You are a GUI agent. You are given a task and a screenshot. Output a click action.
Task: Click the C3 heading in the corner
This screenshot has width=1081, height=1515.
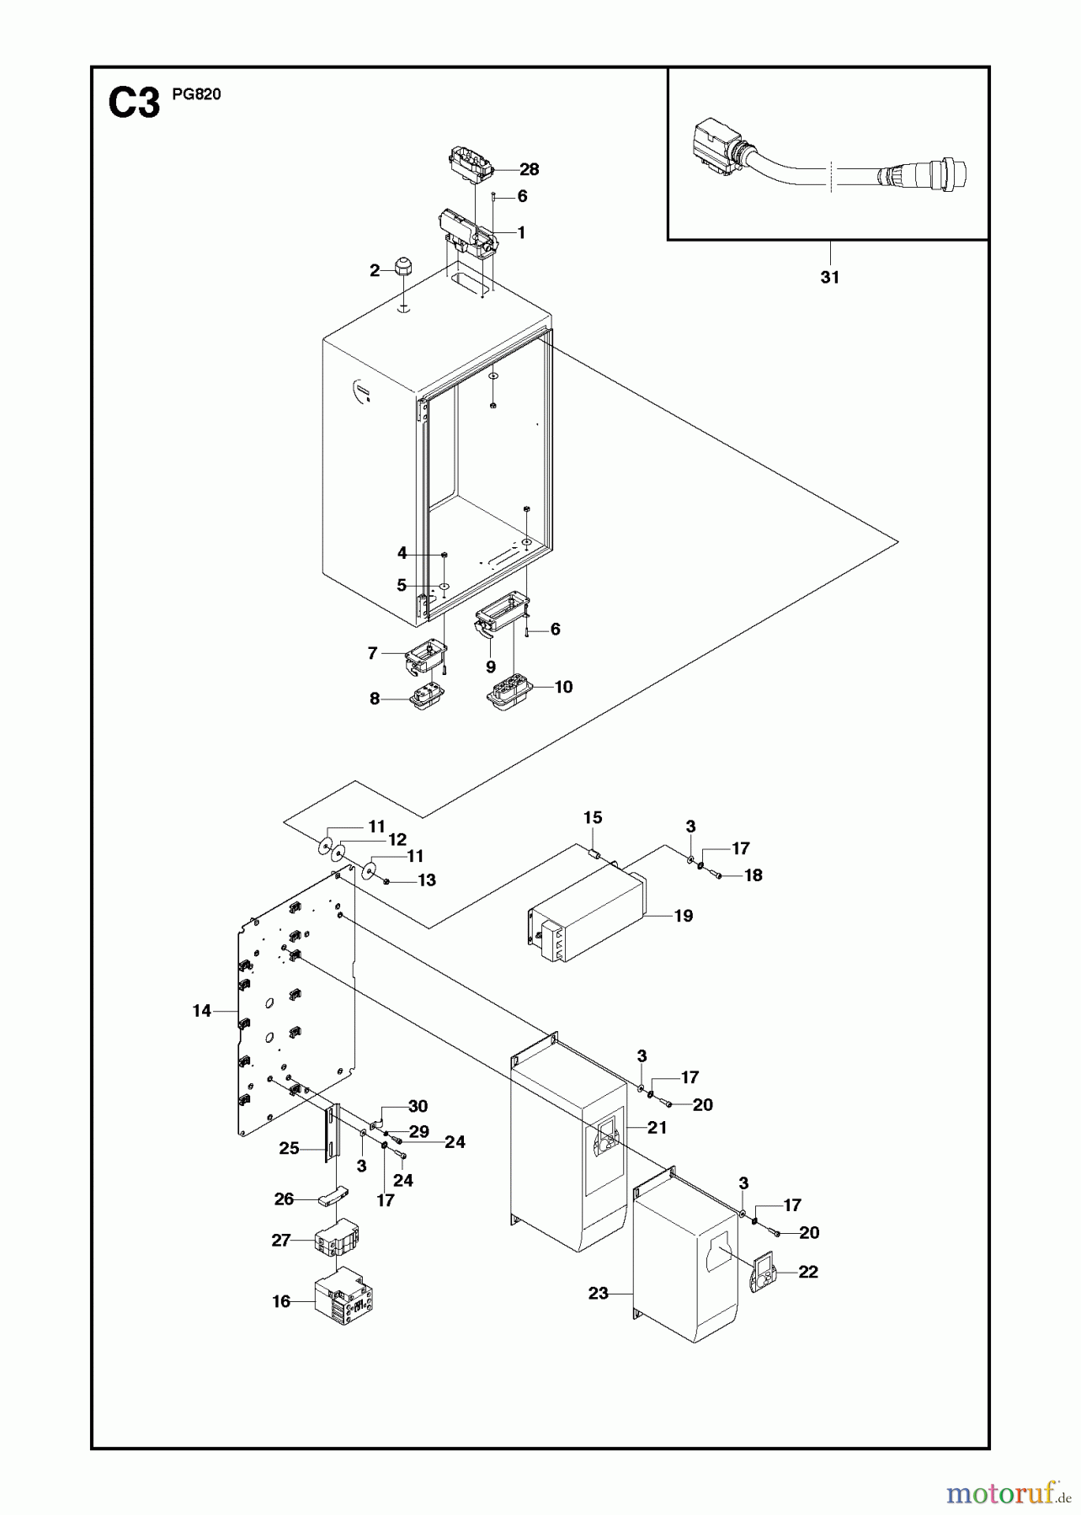coord(134,105)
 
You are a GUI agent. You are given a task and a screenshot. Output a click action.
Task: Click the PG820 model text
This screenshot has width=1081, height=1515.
coord(196,94)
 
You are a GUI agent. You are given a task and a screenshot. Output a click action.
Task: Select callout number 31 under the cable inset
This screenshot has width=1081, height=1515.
coord(830,277)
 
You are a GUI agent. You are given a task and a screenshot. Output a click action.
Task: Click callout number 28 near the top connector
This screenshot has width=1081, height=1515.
coord(529,169)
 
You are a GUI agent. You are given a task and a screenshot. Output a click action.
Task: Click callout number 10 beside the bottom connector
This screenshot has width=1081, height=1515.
coord(563,687)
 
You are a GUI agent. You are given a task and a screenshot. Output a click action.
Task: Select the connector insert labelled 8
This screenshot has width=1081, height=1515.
coord(426,699)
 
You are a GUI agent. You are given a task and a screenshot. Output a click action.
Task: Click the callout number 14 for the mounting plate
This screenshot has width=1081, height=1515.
coord(201,1011)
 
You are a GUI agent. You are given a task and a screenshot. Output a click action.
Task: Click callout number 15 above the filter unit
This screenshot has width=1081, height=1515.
coord(593,817)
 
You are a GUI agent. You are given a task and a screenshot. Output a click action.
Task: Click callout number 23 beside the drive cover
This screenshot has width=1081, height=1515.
coord(598,1293)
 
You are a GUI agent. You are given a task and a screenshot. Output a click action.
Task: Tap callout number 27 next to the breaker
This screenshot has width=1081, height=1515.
coord(281,1240)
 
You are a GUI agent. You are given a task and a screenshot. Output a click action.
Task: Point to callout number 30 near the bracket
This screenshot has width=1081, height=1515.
coord(418,1106)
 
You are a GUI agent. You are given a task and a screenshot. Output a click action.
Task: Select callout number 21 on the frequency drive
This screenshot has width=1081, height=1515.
coord(657,1127)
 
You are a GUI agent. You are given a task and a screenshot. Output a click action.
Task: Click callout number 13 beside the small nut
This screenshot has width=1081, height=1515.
coord(427,880)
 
